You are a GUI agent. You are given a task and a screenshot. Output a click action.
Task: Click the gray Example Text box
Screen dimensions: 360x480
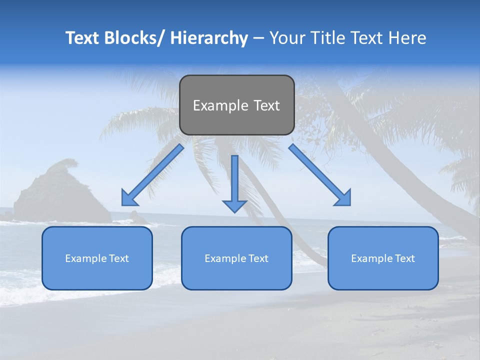[x=236, y=105]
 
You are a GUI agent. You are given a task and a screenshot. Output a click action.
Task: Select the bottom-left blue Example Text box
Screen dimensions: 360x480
[x=97, y=258]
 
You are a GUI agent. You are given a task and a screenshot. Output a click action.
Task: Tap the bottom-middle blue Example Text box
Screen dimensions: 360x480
[x=236, y=258]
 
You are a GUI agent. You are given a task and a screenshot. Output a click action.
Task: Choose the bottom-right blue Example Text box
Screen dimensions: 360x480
[x=383, y=258]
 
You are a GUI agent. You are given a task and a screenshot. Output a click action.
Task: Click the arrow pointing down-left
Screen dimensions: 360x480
[x=153, y=175]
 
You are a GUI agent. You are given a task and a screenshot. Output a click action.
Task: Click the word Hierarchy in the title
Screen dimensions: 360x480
[x=209, y=38]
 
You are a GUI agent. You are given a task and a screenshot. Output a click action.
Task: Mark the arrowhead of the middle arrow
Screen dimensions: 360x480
[x=234, y=205]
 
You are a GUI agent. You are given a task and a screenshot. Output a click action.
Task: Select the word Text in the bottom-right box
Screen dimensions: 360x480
[x=405, y=258]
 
